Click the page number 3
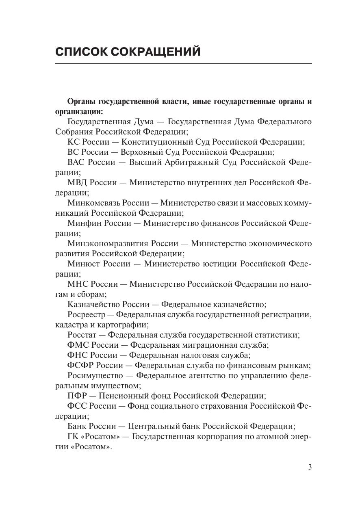point(310,467)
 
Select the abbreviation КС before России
point(74,142)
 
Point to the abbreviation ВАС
point(76,162)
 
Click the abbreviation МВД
point(77,183)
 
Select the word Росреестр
point(86,315)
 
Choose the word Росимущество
point(95,376)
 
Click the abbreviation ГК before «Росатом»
point(72,437)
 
